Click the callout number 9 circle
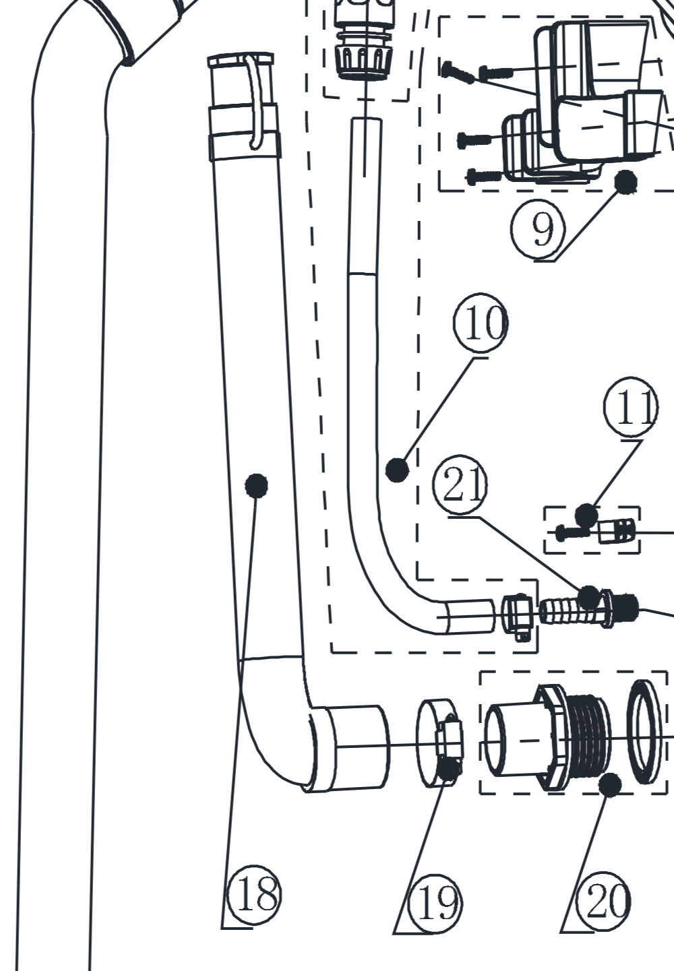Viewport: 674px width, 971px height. [538, 229]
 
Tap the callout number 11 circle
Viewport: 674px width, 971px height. [630, 407]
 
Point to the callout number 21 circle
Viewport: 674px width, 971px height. [461, 483]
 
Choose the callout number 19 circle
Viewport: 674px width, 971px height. [437, 902]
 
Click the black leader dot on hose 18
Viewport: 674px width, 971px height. [256, 484]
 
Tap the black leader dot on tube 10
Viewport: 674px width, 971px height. [397, 470]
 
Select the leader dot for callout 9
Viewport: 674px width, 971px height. [626, 181]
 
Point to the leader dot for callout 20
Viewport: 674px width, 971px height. [610, 784]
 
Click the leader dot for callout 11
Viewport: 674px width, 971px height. [586, 516]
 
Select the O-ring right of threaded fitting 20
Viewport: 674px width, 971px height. [648, 731]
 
